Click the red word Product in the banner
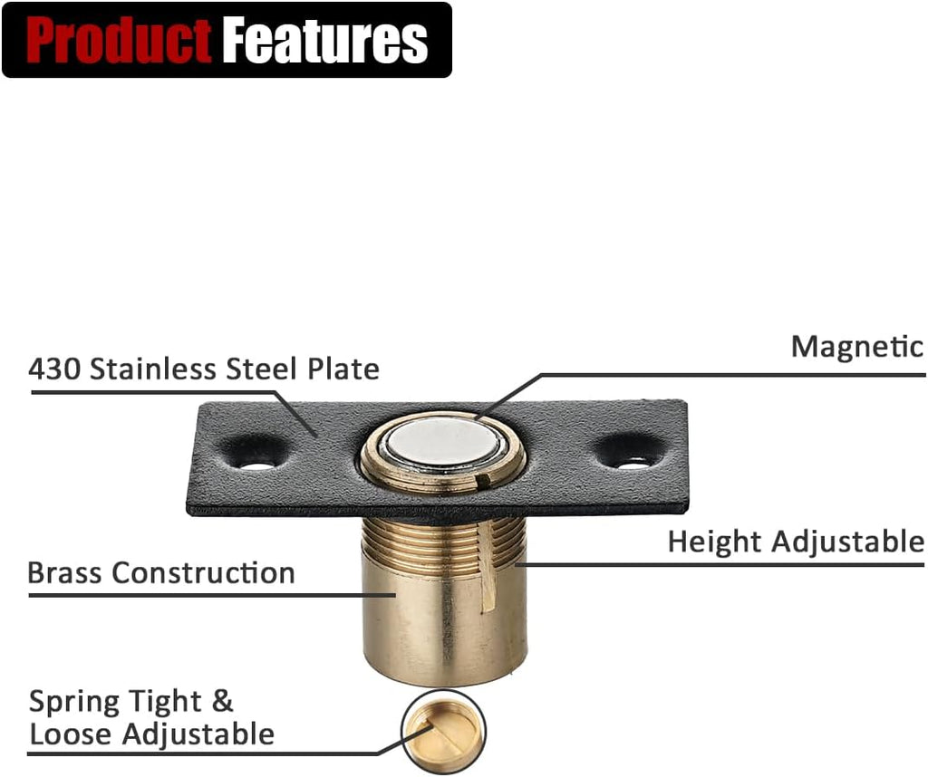[x=119, y=40]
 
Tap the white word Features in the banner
[x=325, y=40]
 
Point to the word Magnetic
[x=857, y=347]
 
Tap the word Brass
[x=64, y=572]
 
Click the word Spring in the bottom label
[x=74, y=703]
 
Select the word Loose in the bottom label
[x=71, y=734]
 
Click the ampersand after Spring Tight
[x=222, y=701]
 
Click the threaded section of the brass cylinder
[x=442, y=541]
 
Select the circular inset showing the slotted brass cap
[x=443, y=731]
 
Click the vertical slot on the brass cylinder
[x=488, y=567]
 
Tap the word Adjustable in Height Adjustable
[x=847, y=542]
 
